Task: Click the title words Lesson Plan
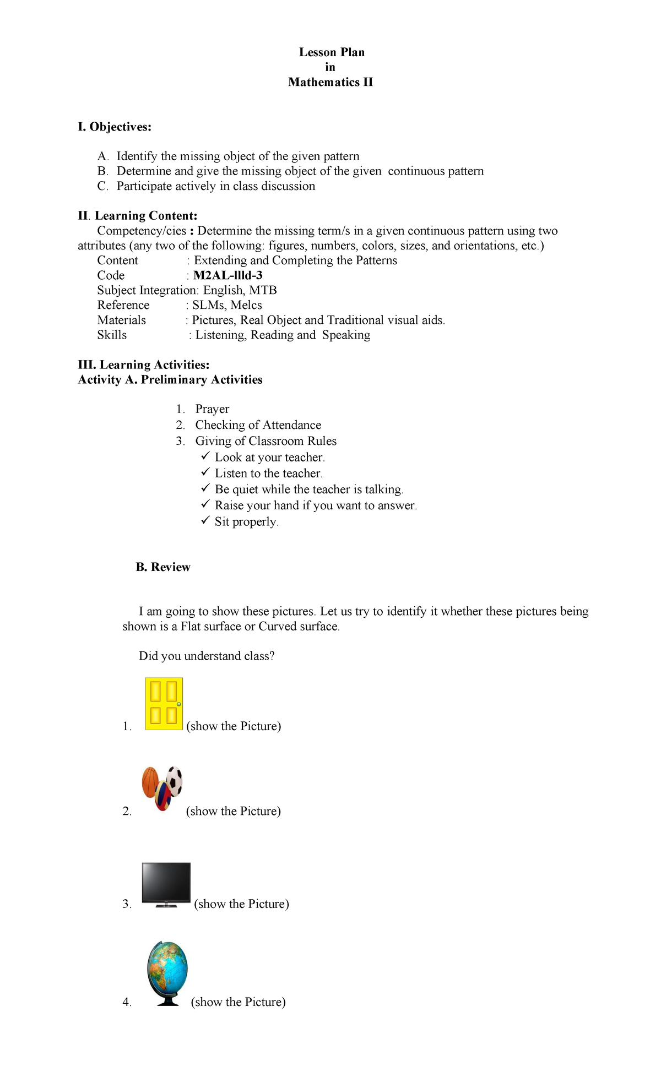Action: pyautogui.click(x=332, y=52)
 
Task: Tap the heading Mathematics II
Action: pyautogui.click(x=330, y=82)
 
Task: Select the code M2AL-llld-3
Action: pyautogui.click(x=227, y=275)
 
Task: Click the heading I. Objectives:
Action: pyautogui.click(x=115, y=127)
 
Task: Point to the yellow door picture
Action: pyautogui.click(x=163, y=704)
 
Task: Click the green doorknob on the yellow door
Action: pyautogui.click(x=179, y=704)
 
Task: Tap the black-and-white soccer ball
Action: pyautogui.click(x=174, y=780)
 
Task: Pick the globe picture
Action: pyautogui.click(x=168, y=972)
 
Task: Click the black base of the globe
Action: pyautogui.click(x=168, y=1003)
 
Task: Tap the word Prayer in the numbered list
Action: pyautogui.click(x=212, y=409)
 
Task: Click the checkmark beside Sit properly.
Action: pyautogui.click(x=205, y=520)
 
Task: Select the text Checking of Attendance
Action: pyautogui.click(x=258, y=425)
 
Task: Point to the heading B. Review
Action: pyautogui.click(x=163, y=567)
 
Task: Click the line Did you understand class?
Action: pyautogui.click(x=207, y=656)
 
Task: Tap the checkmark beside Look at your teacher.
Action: pyautogui.click(x=205, y=456)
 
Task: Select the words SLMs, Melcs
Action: pyautogui.click(x=227, y=305)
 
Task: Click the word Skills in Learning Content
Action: pyautogui.click(x=112, y=335)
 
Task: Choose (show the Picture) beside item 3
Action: pyautogui.click(x=241, y=904)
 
